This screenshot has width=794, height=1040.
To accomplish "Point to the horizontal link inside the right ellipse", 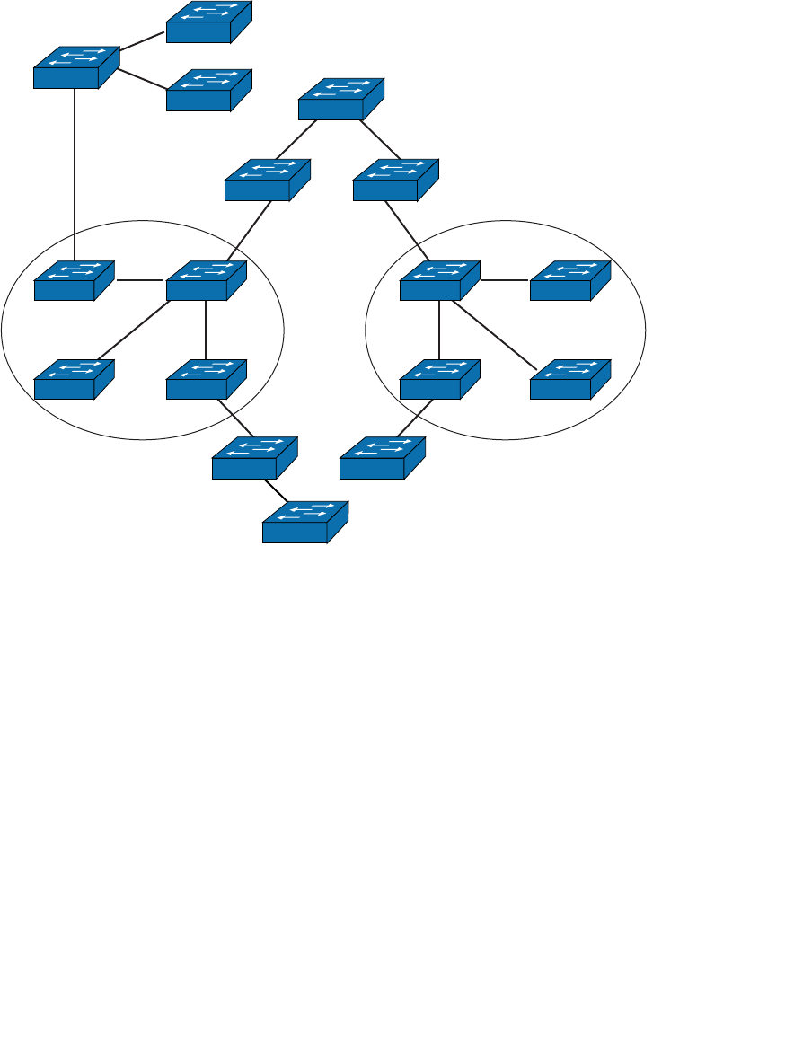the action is (505, 280).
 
